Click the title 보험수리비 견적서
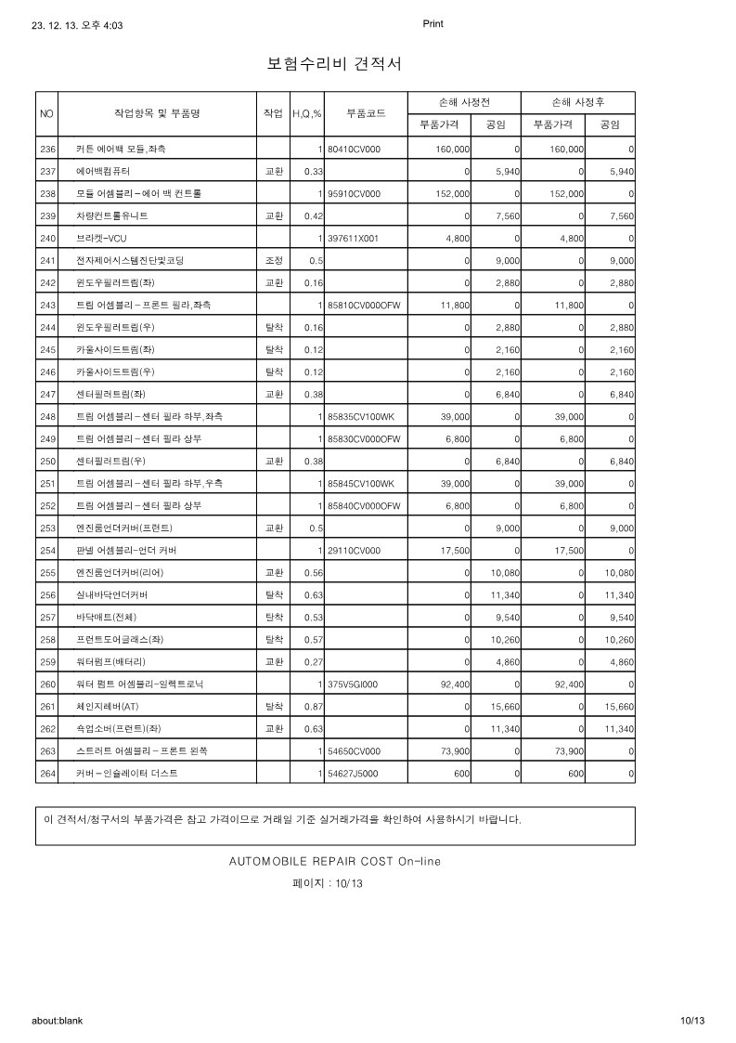tap(334, 64)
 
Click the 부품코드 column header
tap(366, 113)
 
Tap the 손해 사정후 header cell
tap(578, 101)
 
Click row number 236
tap(48, 149)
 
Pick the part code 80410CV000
tap(355, 149)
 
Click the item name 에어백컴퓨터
tap(103, 172)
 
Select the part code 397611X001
tap(354, 239)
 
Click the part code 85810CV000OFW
tap(364, 306)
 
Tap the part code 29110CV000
tap(355, 551)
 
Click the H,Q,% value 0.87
tap(313, 707)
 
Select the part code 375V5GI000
tap(353, 684)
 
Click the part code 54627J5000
tap(353, 774)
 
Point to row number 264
tap(48, 774)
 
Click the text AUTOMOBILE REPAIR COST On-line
tap(335, 861)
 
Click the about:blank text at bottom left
tap(57, 1020)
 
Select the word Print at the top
tap(433, 24)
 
